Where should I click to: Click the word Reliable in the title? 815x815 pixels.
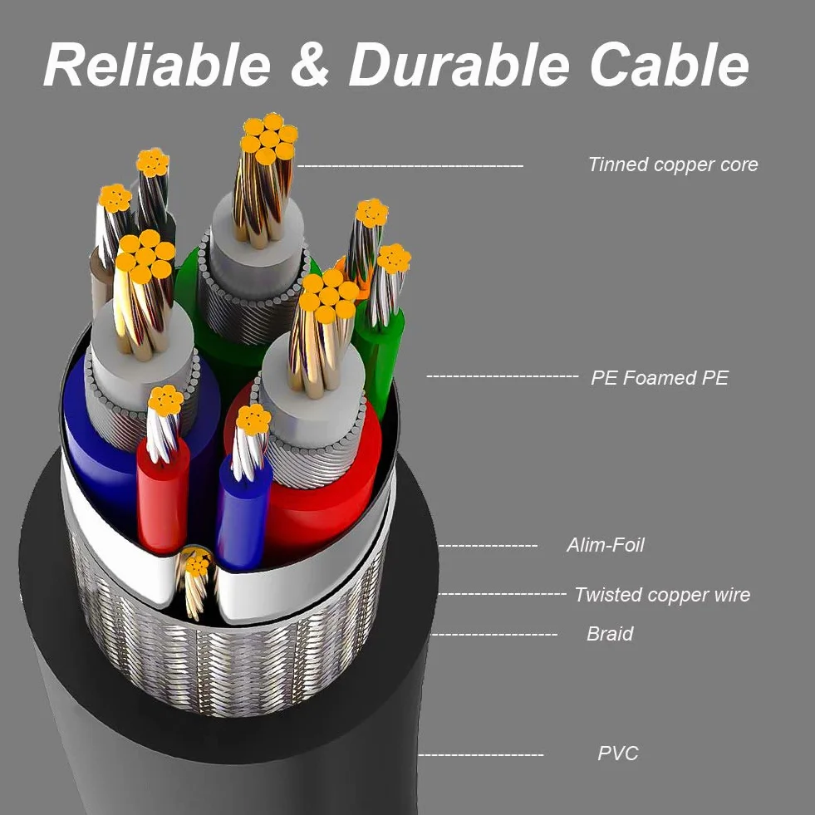tap(157, 65)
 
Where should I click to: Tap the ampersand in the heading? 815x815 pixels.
tap(310, 65)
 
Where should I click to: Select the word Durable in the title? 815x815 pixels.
tap(459, 65)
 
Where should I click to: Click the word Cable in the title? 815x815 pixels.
tap(670, 65)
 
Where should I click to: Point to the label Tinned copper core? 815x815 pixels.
tap(673, 164)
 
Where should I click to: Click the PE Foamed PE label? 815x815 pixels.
tap(660, 378)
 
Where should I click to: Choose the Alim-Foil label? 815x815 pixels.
tap(606, 545)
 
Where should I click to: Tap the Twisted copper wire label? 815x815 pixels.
tap(662, 595)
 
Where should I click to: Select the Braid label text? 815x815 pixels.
tap(610, 634)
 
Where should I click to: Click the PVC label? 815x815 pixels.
tap(617, 754)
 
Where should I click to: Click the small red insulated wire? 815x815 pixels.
tap(163, 499)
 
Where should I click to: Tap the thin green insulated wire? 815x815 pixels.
tap(380, 359)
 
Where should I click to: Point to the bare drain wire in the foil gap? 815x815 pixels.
tap(196, 583)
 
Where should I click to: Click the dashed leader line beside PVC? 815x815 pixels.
tap(481, 754)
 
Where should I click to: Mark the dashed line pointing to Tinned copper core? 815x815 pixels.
tap(410, 166)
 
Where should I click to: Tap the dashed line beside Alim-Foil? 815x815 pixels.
tap(488, 546)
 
